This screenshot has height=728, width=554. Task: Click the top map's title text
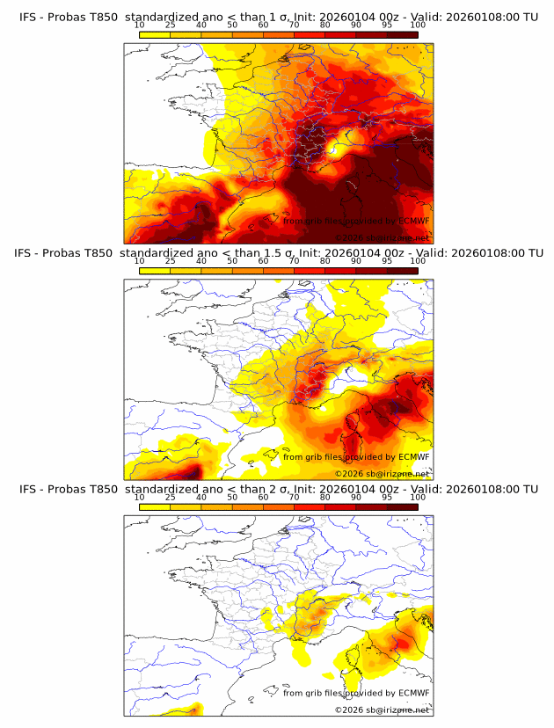(x=278, y=17)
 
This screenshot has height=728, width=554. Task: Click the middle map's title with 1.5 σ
(x=278, y=253)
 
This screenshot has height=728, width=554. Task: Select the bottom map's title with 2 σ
(x=278, y=489)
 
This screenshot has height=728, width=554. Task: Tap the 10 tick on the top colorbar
(x=140, y=25)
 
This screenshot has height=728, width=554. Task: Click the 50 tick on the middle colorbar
(x=232, y=261)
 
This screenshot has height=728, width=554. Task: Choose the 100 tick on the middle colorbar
(x=418, y=261)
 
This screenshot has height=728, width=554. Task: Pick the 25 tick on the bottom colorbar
(x=171, y=497)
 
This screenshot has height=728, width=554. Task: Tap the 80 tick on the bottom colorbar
(x=325, y=497)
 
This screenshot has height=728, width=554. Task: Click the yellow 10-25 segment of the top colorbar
(x=155, y=35)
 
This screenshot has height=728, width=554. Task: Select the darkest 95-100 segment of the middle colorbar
(x=403, y=271)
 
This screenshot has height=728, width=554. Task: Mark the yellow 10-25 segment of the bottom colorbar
(x=155, y=507)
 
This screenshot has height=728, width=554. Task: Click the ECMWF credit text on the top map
(x=356, y=221)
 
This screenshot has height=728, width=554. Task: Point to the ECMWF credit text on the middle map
(x=356, y=456)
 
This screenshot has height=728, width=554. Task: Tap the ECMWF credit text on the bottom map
(x=356, y=693)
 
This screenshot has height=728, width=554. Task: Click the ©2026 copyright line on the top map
(x=382, y=237)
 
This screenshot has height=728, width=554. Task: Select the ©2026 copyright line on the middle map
(x=382, y=473)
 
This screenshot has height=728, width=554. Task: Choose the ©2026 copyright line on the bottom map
(x=382, y=710)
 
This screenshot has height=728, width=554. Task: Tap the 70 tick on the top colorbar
(x=295, y=25)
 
